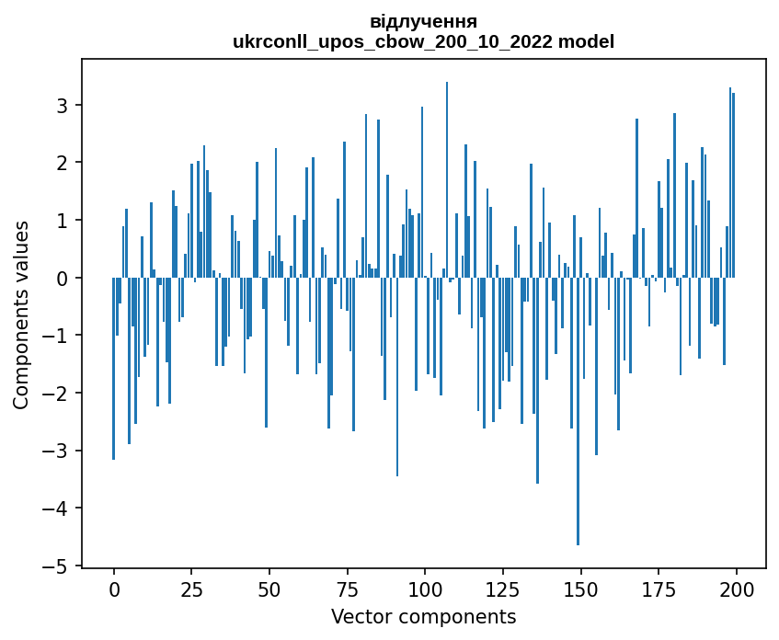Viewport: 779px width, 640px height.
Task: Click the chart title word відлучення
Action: click(x=423, y=21)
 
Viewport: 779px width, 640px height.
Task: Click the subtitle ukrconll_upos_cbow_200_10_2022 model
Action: click(x=423, y=41)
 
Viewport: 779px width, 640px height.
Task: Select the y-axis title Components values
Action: click(x=20, y=314)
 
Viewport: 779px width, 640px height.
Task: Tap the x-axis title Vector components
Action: click(x=423, y=616)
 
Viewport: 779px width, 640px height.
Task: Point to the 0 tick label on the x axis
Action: click(x=114, y=589)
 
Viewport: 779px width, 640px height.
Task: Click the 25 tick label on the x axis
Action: click(x=191, y=589)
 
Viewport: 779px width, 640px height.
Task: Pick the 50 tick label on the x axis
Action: click(x=269, y=589)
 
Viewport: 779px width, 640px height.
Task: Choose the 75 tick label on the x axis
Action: click(x=347, y=589)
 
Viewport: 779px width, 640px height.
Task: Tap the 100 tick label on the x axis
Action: click(x=425, y=589)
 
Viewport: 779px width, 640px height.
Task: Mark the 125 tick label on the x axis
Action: click(x=502, y=589)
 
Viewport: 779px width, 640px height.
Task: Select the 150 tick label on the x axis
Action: click(x=580, y=589)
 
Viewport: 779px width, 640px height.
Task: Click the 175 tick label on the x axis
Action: click(x=658, y=589)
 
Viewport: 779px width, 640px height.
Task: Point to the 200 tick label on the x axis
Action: click(x=736, y=589)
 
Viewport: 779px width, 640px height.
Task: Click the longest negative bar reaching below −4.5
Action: click(x=578, y=414)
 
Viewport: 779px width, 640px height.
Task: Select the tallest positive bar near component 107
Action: click(x=447, y=179)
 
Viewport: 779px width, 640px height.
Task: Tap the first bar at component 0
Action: click(x=114, y=368)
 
